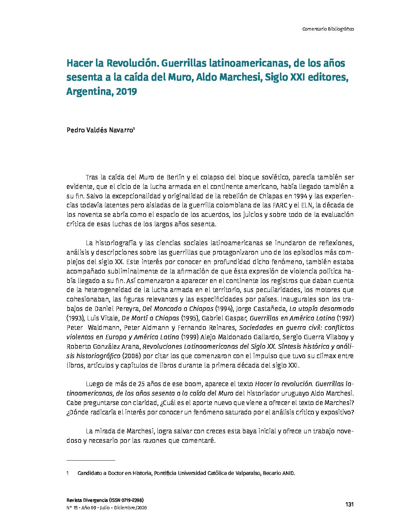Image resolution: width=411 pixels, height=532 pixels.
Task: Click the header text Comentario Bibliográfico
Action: (328, 29)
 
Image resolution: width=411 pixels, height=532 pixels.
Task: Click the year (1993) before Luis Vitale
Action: (74, 318)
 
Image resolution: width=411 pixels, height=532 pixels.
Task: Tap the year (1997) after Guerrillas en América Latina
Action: (345, 318)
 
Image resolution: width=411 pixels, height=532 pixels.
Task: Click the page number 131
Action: (349, 504)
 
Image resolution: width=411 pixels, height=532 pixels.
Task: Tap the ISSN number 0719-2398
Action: (130, 500)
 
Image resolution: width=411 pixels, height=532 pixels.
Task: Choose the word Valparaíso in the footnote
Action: (245, 473)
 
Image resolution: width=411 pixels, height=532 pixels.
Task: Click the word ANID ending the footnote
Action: (288, 473)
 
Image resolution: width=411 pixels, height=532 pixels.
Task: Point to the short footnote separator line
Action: (91, 461)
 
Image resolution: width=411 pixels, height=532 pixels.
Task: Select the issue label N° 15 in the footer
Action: (72, 508)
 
